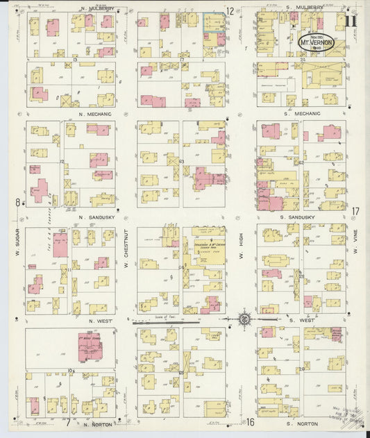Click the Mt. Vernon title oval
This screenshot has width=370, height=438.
coord(317,42)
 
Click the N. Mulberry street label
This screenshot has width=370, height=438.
coord(96,9)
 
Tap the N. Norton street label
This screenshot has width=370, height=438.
coord(96,423)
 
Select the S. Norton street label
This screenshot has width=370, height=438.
coord(302,423)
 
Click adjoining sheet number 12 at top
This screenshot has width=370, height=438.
coord(230,11)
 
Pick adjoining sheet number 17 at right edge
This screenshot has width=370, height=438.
coord(355,211)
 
